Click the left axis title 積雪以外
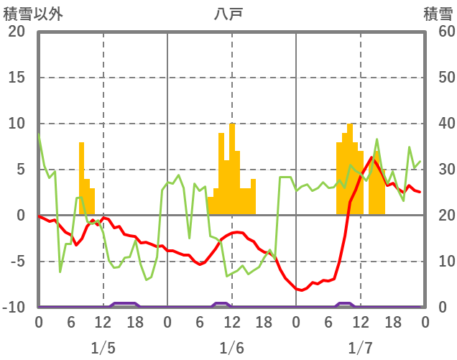34,13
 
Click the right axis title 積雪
438,13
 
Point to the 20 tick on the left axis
17,32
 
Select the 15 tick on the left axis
17,78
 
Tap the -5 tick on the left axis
17,262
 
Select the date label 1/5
103,349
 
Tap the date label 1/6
231,349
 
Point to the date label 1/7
360,349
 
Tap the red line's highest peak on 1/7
371,157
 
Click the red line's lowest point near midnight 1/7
300,290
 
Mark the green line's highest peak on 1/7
377,139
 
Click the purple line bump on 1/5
124,304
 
